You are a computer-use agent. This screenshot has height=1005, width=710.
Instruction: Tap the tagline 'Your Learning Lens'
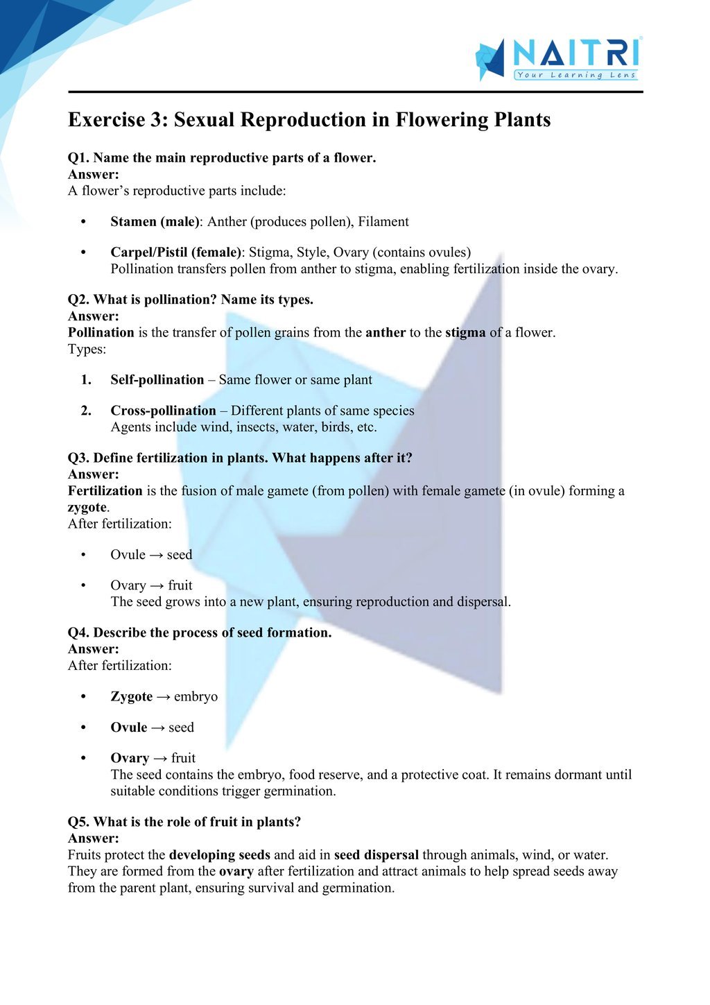coord(575,75)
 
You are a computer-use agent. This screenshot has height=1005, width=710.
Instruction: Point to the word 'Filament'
coord(383,222)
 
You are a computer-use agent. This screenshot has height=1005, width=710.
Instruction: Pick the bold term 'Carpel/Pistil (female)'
coord(176,252)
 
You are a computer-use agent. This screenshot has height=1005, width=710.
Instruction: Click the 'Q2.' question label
coord(78,300)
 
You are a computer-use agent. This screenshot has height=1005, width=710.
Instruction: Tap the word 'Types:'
coord(87,349)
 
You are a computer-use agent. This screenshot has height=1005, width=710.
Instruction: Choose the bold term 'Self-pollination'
coord(157,380)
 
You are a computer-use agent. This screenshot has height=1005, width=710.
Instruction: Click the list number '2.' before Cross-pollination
coord(86,411)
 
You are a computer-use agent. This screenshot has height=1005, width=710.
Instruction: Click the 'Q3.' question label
coord(78,458)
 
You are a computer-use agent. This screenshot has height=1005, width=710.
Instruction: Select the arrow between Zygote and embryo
coord(163,697)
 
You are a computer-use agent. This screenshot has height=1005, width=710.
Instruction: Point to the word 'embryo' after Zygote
coord(196,697)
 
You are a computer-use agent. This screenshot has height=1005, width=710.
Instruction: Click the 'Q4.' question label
coord(78,633)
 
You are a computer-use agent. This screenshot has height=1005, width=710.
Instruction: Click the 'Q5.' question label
coord(78,822)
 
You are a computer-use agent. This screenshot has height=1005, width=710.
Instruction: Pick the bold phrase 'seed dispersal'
coord(376,855)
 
